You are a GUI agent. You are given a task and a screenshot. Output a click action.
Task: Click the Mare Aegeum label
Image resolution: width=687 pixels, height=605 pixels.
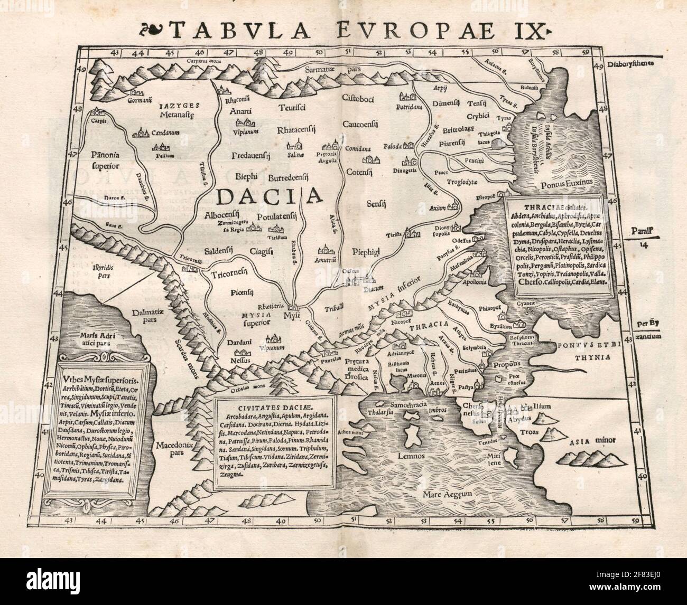point(446,495)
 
